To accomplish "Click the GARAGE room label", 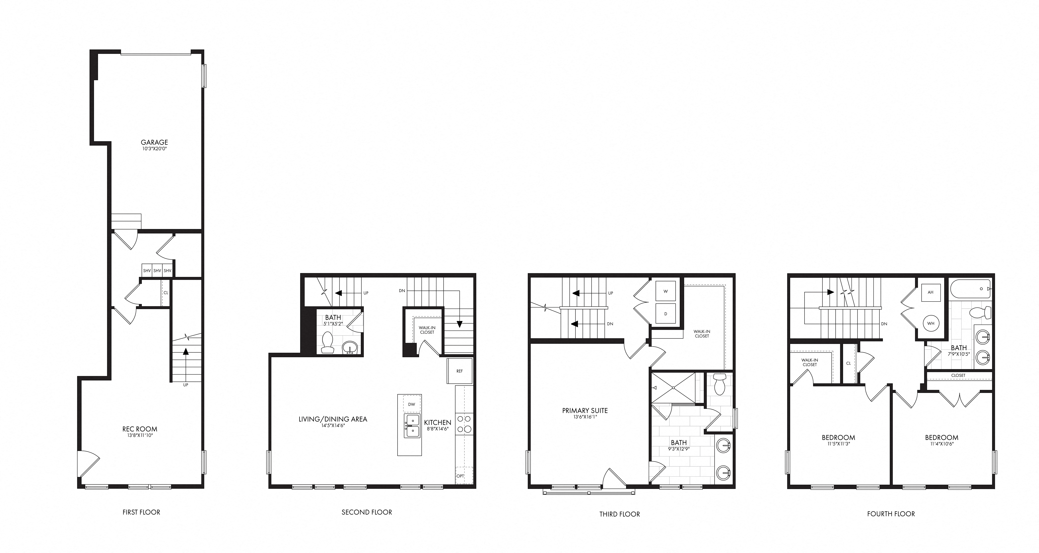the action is click(x=154, y=142).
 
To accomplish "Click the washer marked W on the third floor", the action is click(x=666, y=291).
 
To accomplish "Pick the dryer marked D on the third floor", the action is click(x=666, y=314).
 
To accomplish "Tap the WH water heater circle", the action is click(x=930, y=323).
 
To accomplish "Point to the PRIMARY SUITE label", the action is click(x=585, y=411).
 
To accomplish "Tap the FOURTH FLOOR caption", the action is click(x=891, y=514).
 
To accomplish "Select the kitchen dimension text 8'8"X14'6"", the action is click(x=438, y=429).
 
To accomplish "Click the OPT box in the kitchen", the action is click(x=460, y=476).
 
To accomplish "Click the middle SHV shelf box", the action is click(x=157, y=270).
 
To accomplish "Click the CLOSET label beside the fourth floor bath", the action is click(x=958, y=375).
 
